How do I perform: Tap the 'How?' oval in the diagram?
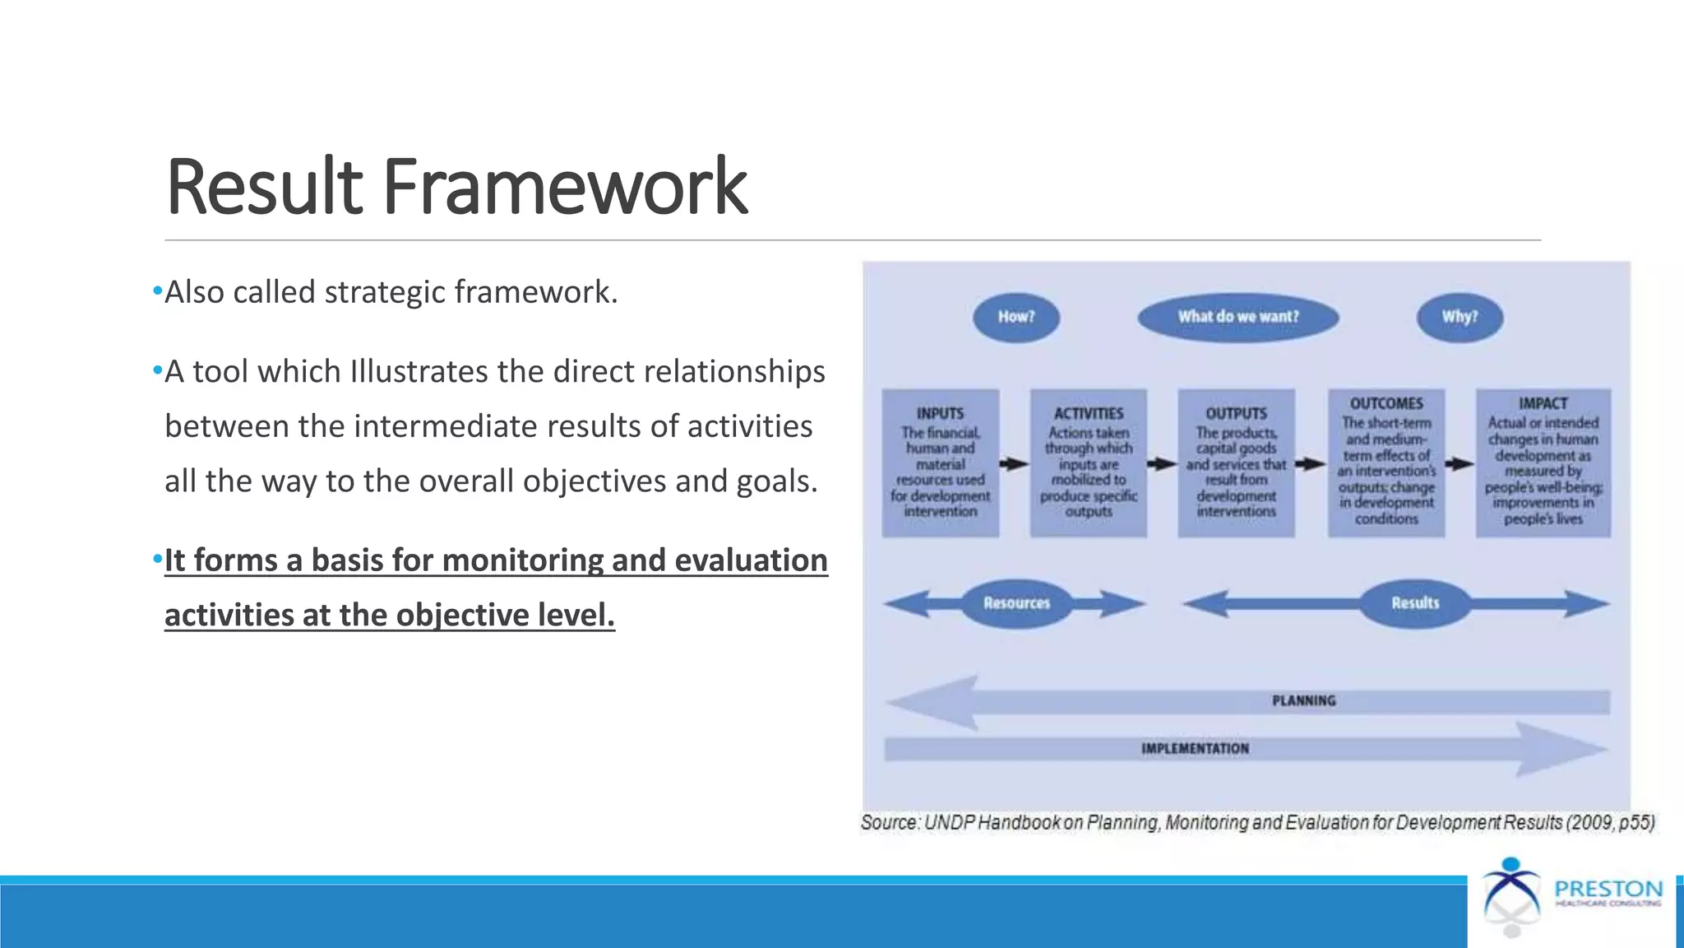point(1016,317)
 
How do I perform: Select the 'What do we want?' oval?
point(1238,317)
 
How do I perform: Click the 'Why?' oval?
point(1460,317)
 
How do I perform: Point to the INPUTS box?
point(940,462)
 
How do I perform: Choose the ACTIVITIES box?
point(1088,462)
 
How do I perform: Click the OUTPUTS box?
point(1236,462)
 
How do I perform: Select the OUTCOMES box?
point(1386,462)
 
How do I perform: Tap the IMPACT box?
point(1543,462)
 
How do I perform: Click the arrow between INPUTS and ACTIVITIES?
point(1014,464)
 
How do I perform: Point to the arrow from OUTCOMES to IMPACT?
point(1460,464)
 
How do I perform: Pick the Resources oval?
point(1016,603)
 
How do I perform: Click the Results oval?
point(1414,603)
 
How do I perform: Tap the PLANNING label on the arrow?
point(1303,701)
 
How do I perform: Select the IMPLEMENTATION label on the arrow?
point(1194,749)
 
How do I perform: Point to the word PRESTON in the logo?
point(1608,890)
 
